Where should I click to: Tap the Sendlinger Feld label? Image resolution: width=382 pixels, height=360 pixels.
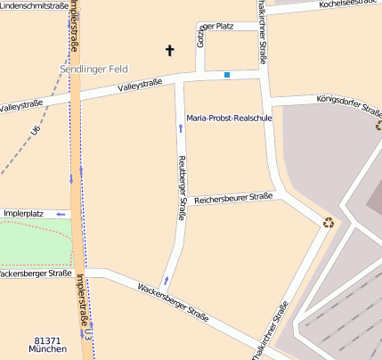pos(94,69)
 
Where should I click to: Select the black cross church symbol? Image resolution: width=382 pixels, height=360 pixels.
pos(169,51)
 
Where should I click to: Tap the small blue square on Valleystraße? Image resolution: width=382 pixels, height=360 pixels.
pos(227,75)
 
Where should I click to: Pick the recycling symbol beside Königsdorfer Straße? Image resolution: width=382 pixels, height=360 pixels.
pos(378,126)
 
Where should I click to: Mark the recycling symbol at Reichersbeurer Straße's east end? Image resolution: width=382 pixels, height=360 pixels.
pos(329,223)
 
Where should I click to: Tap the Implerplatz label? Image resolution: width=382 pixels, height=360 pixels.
pos(24,214)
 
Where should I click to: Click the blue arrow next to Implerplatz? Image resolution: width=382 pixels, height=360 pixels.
pos(61,214)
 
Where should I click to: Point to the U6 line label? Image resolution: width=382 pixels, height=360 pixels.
pos(36,131)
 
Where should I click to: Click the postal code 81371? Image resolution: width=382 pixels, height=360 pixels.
pos(47,340)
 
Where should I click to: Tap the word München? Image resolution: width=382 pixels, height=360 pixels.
pos(47,349)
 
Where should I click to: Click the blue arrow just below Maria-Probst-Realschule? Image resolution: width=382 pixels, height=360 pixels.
pos(181,128)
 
